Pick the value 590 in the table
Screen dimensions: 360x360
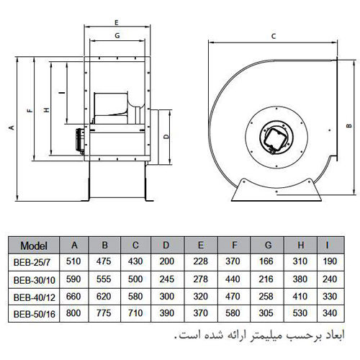tap(72, 279)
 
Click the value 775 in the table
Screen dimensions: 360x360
tap(104, 313)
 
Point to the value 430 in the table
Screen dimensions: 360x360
tap(135, 261)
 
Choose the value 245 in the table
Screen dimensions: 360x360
tap(167, 279)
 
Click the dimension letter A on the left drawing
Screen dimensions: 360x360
tap(12, 127)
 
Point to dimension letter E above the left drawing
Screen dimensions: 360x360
tap(117, 24)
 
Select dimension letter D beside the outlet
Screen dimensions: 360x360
tap(166, 135)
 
